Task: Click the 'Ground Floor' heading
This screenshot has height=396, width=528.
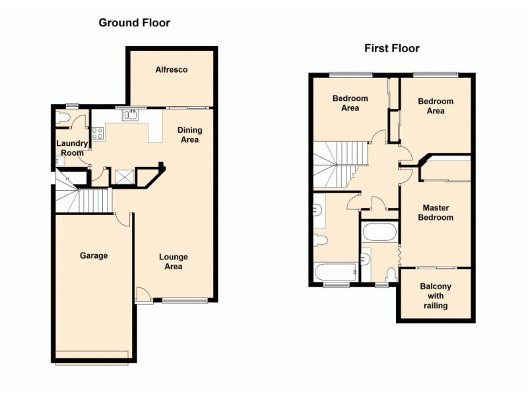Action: [x=134, y=23]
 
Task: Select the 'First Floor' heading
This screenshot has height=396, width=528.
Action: [x=392, y=48]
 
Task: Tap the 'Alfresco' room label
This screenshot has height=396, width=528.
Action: [x=172, y=69]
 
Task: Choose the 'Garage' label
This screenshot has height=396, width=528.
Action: [x=94, y=255]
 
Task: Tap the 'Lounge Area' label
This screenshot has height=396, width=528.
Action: [x=173, y=261]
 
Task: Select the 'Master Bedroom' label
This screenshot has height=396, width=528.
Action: [x=438, y=213]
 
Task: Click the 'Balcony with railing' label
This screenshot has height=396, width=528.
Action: [x=436, y=296]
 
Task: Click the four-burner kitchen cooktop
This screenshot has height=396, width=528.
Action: [x=98, y=133]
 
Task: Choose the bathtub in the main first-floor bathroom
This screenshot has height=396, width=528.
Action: [x=335, y=271]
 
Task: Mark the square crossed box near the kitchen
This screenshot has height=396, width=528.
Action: [x=123, y=176]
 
